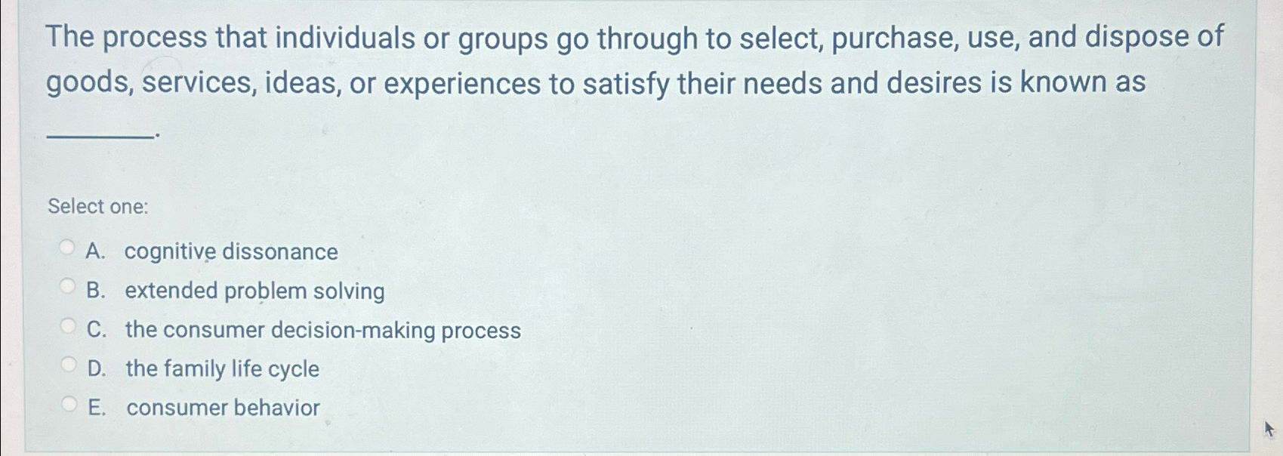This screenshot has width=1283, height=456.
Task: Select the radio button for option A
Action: point(67,247)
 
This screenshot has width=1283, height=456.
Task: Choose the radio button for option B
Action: point(68,286)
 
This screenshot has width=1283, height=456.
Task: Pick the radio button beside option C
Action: point(68,326)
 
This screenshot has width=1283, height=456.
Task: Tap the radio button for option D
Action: point(69,365)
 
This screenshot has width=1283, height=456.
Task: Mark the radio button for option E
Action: point(69,404)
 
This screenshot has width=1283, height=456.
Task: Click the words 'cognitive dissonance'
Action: point(231,251)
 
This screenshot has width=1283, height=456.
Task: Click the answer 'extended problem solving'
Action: point(254,291)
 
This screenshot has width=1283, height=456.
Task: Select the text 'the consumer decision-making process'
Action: point(322,330)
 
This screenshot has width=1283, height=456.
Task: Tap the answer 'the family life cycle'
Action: point(222,368)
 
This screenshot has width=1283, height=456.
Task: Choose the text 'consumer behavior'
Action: point(223,408)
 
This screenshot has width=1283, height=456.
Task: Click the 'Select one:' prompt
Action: point(98,206)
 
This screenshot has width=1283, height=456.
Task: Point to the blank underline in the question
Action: point(99,136)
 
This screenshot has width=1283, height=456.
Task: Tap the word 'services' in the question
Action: point(199,83)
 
